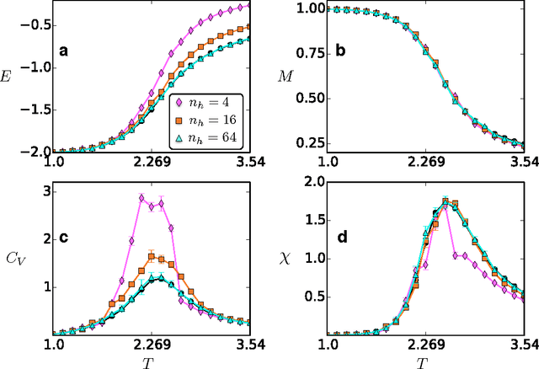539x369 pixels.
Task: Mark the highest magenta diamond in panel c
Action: point(141,198)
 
